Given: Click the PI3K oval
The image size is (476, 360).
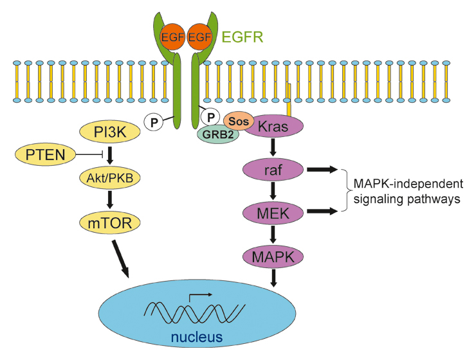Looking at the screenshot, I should coord(109,132).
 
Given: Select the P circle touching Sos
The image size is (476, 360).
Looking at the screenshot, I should coord(210,117).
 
